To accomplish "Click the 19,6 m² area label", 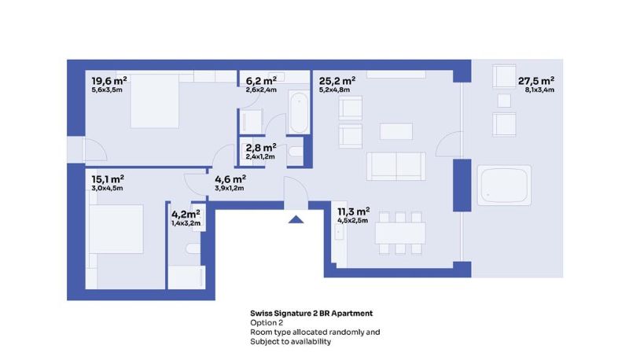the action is click(x=109, y=81).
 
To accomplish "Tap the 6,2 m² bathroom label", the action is click(x=261, y=81).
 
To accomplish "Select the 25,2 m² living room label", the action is click(x=337, y=81).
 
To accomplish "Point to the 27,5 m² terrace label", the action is click(x=536, y=81).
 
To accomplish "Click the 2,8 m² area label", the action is click(x=261, y=148).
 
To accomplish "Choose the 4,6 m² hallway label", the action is click(x=230, y=178).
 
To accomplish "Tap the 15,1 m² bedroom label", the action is click(x=108, y=178).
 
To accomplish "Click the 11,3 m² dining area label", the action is click(x=353, y=211).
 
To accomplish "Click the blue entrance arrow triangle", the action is click(x=296, y=219).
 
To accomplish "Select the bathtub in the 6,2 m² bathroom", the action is click(x=299, y=112).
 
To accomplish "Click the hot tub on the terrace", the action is click(x=504, y=186).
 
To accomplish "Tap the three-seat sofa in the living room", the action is click(x=396, y=166).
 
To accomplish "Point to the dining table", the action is click(x=400, y=233).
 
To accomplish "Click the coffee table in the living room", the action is click(x=396, y=131).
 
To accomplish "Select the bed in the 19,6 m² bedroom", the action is click(x=154, y=101).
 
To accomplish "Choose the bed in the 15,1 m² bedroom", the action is click(x=116, y=229).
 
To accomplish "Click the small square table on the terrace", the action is click(x=504, y=101).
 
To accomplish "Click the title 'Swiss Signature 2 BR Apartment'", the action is click(x=311, y=313).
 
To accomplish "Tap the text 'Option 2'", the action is click(x=267, y=323).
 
